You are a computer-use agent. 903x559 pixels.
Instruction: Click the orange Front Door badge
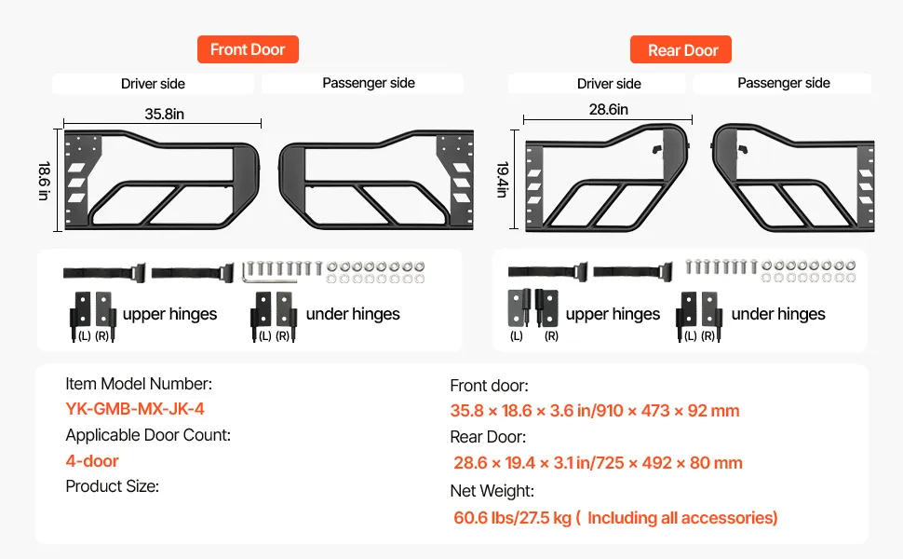[247, 49]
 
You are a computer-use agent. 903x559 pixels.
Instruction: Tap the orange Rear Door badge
[681, 50]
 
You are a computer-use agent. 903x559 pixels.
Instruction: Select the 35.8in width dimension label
[164, 114]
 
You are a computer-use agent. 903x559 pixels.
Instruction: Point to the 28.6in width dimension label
[608, 109]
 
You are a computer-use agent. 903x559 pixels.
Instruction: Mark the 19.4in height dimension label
[503, 180]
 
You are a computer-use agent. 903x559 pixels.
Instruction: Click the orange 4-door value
[92, 460]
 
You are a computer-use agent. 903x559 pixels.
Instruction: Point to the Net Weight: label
[492, 490]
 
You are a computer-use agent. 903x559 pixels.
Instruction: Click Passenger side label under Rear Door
[783, 83]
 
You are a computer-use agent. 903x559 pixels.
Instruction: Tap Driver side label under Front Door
[153, 84]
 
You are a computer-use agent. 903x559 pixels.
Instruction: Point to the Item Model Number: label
[139, 383]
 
